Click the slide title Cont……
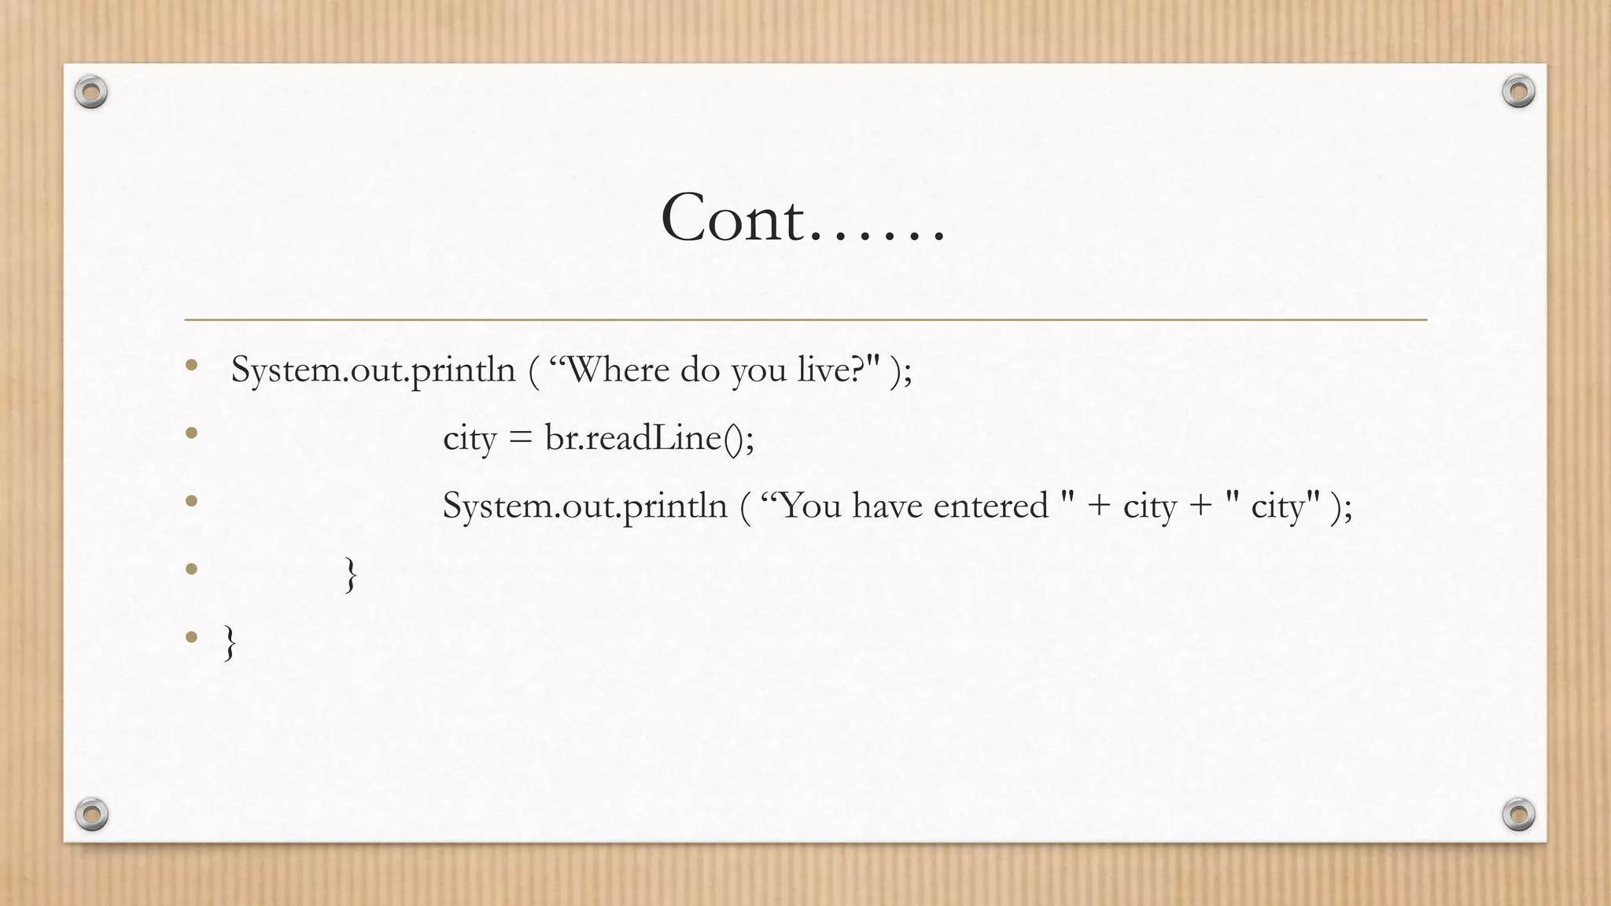pyautogui.click(x=803, y=218)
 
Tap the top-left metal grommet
pyautogui.click(x=91, y=93)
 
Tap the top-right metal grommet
pyautogui.click(x=1518, y=91)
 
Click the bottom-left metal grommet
pyautogui.click(x=91, y=813)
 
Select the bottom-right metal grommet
pyautogui.click(x=1518, y=813)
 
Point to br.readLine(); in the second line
pyautogui.click(x=650, y=438)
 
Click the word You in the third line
pyautogui.click(x=811, y=506)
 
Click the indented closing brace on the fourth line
pyautogui.click(x=351, y=575)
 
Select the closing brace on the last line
pyautogui.click(x=230, y=643)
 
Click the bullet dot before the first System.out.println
pyautogui.click(x=191, y=365)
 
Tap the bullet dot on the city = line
pyautogui.click(x=191, y=433)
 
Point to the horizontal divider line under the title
pyautogui.click(x=805, y=320)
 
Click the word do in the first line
pyautogui.click(x=699, y=370)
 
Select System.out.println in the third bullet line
pyautogui.click(x=584, y=506)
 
